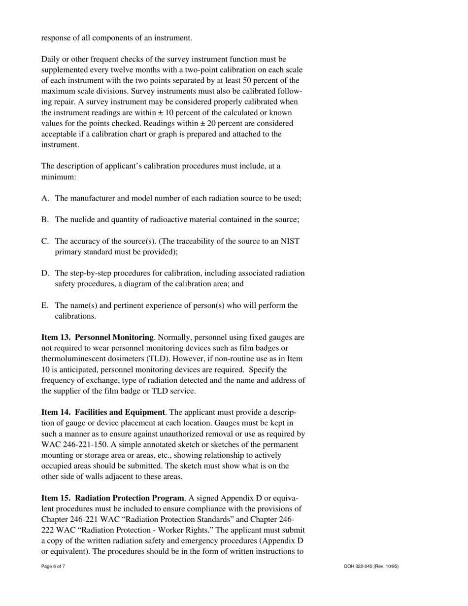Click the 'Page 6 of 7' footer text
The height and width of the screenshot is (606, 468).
click(53, 567)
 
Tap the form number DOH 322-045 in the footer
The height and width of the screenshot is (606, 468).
click(371, 567)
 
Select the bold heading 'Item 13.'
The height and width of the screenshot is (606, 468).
click(56, 337)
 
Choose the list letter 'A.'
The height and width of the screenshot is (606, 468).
click(45, 198)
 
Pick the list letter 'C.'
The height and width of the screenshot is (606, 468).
click(45, 241)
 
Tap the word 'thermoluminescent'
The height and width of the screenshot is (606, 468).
click(72, 359)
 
